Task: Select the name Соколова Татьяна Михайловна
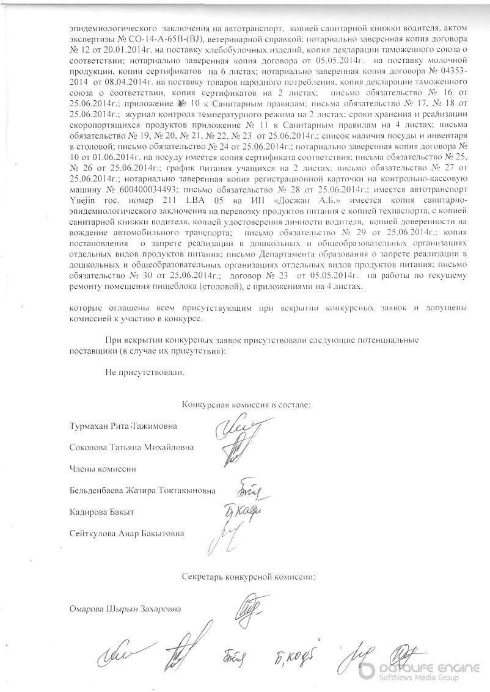(132, 447)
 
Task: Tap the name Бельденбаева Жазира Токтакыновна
(143, 490)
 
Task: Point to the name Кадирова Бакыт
(102, 511)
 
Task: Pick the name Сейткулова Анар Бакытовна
(127, 533)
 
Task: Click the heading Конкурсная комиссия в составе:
(246, 404)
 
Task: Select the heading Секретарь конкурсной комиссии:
(248, 576)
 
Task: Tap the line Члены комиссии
(103, 468)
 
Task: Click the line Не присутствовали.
(144, 371)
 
